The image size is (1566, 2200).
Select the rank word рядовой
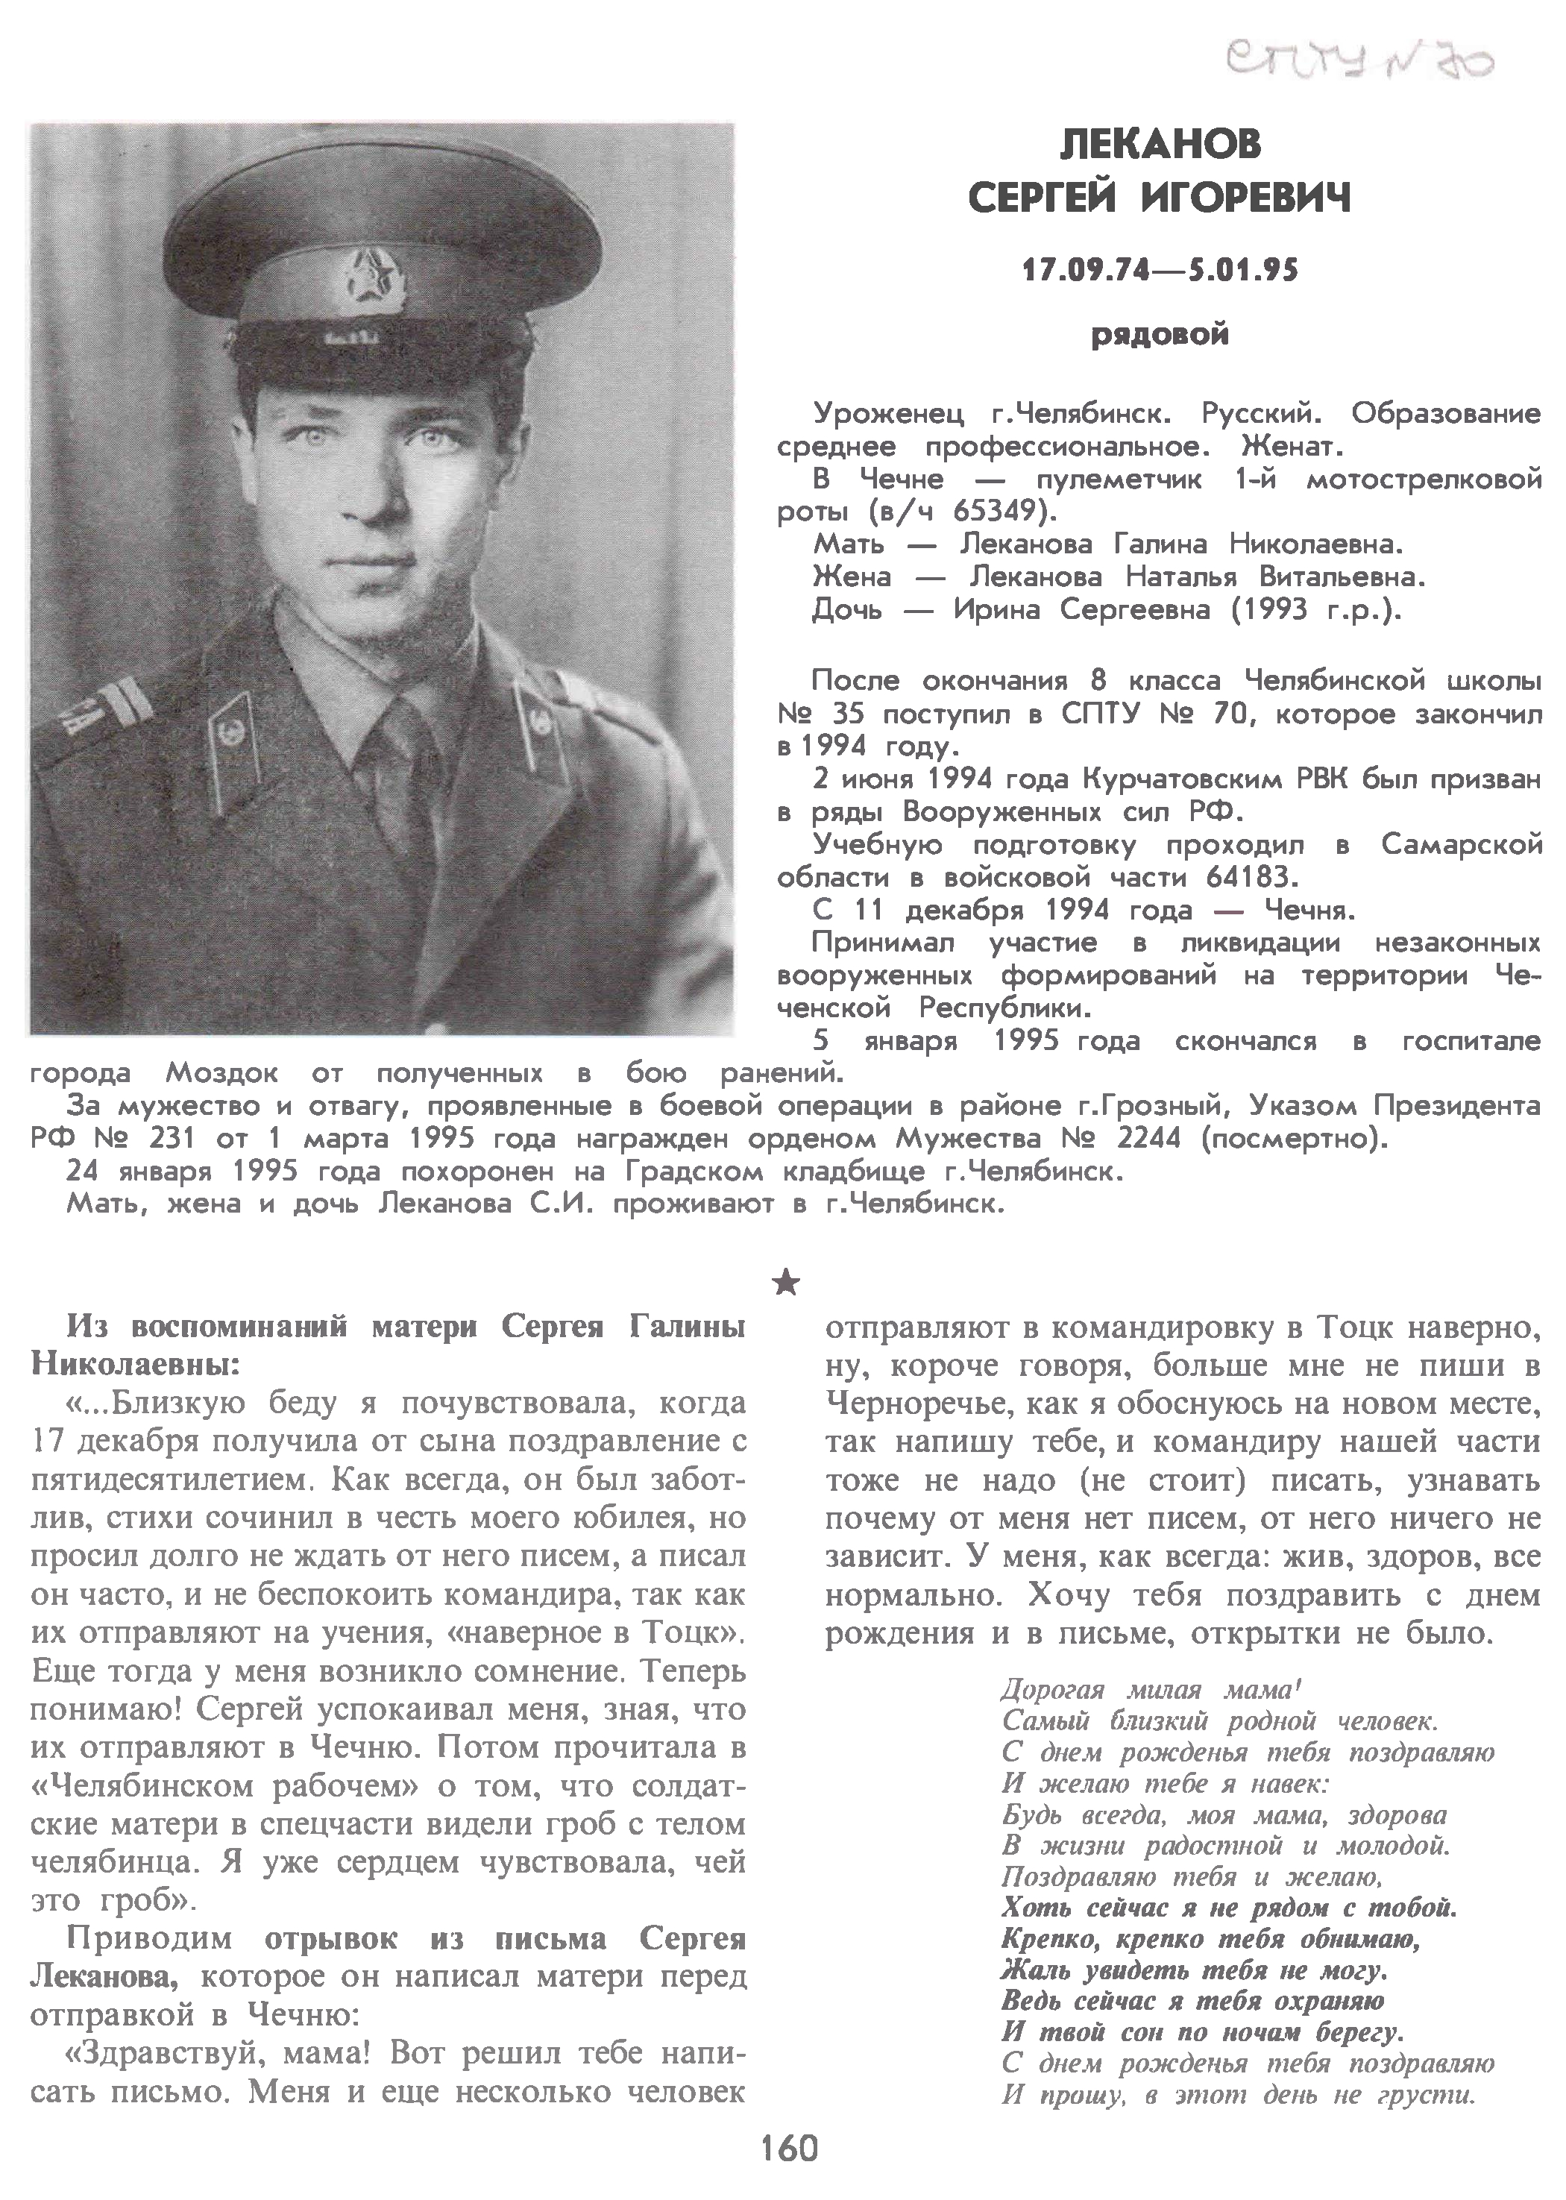[1160, 336]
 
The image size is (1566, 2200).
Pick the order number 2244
[1148, 1140]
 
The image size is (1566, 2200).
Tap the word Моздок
[221, 1074]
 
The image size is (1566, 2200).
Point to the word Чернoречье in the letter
[904, 1406]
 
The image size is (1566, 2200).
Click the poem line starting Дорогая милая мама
[1151, 1689]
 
